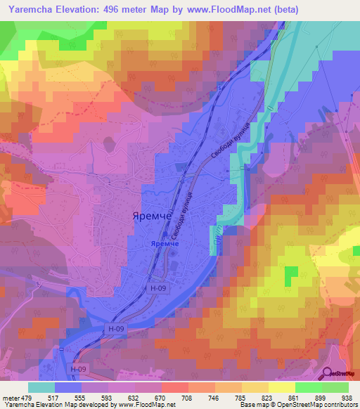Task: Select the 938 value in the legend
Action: coord(346,397)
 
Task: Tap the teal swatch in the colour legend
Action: coord(41,387)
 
